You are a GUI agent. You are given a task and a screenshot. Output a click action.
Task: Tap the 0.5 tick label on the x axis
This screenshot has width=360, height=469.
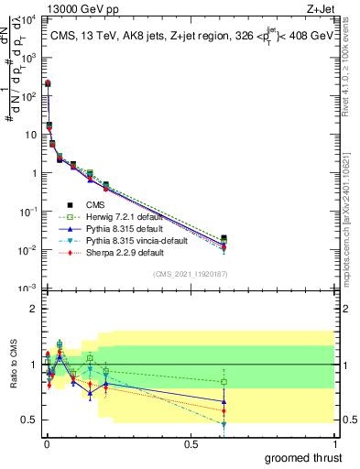190,443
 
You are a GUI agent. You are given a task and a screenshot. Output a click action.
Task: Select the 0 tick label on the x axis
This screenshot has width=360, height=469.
46,443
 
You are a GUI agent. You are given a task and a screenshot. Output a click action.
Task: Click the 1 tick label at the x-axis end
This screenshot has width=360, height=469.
334,443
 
